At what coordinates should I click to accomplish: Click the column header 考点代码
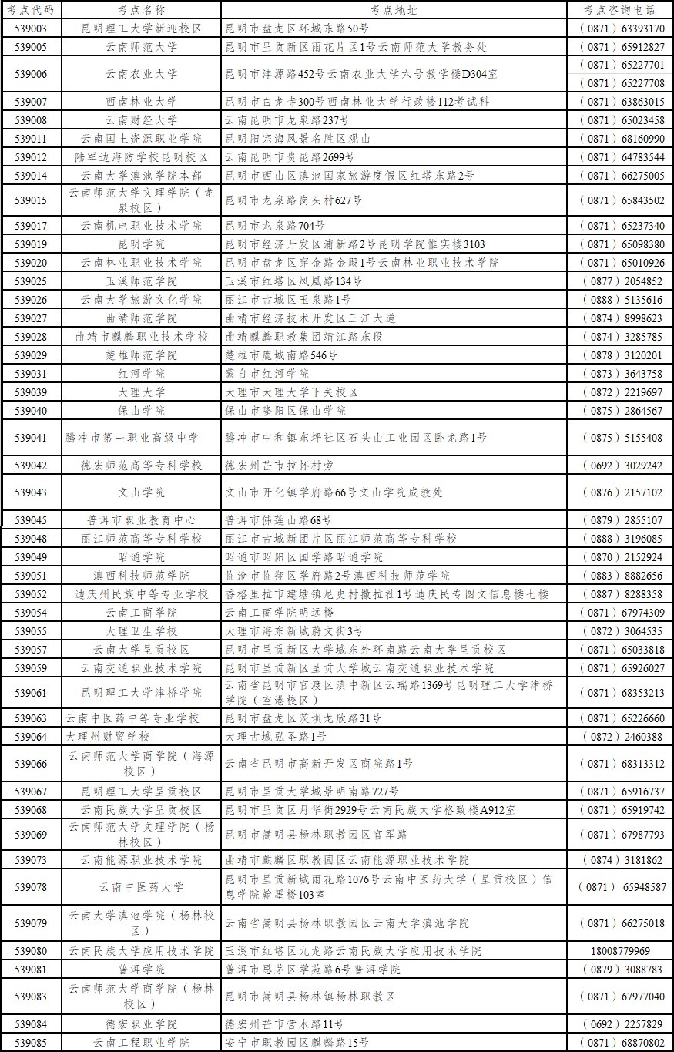click(x=31, y=10)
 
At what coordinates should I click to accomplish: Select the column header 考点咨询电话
click(x=620, y=10)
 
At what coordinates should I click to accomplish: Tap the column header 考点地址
click(x=394, y=10)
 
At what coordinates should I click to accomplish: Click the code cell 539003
click(x=31, y=29)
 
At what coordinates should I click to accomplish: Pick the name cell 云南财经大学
click(x=141, y=120)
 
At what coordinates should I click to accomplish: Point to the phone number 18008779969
click(x=620, y=951)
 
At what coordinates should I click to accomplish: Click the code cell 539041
click(x=31, y=438)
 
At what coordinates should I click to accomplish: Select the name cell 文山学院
click(x=141, y=492)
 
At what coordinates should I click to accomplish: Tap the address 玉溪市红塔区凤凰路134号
click(x=293, y=281)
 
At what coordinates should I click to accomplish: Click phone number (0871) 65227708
click(x=620, y=83)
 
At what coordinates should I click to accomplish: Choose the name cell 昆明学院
click(x=141, y=244)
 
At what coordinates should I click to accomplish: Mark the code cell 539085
click(x=31, y=1043)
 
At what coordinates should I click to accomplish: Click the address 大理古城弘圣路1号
click(x=276, y=737)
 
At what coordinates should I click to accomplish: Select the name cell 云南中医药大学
click(x=141, y=887)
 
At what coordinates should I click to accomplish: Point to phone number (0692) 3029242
click(x=620, y=466)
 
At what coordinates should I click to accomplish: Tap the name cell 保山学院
click(x=141, y=411)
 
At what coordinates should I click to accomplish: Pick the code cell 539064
click(x=31, y=737)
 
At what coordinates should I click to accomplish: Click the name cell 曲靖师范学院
click(x=141, y=318)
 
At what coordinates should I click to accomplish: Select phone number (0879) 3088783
click(x=620, y=970)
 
